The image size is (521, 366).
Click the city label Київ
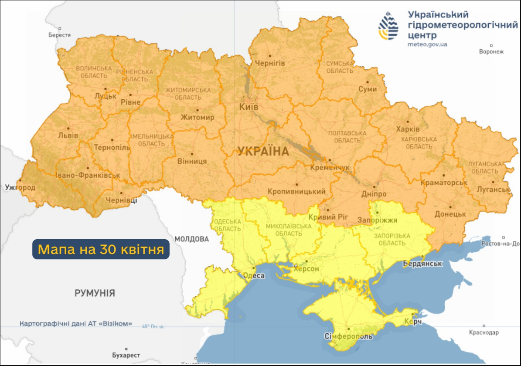click(x=249, y=107)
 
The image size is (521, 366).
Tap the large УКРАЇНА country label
click(x=263, y=152)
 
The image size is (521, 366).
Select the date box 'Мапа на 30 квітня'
click(x=101, y=250)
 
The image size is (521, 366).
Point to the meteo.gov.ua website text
click(x=427, y=44)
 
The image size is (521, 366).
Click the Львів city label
click(x=68, y=136)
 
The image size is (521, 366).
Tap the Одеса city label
click(x=253, y=275)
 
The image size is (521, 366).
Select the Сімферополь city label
click(x=349, y=336)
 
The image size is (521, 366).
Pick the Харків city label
click(x=408, y=129)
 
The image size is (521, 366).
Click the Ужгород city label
click(x=20, y=187)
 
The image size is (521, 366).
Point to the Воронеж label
click(x=491, y=51)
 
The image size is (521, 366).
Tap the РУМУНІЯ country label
click(x=95, y=293)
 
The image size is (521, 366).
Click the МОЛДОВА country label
click(x=191, y=239)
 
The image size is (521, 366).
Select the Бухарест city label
click(x=126, y=356)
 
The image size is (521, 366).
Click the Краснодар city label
click(x=484, y=332)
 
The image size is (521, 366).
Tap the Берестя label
click(x=59, y=35)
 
